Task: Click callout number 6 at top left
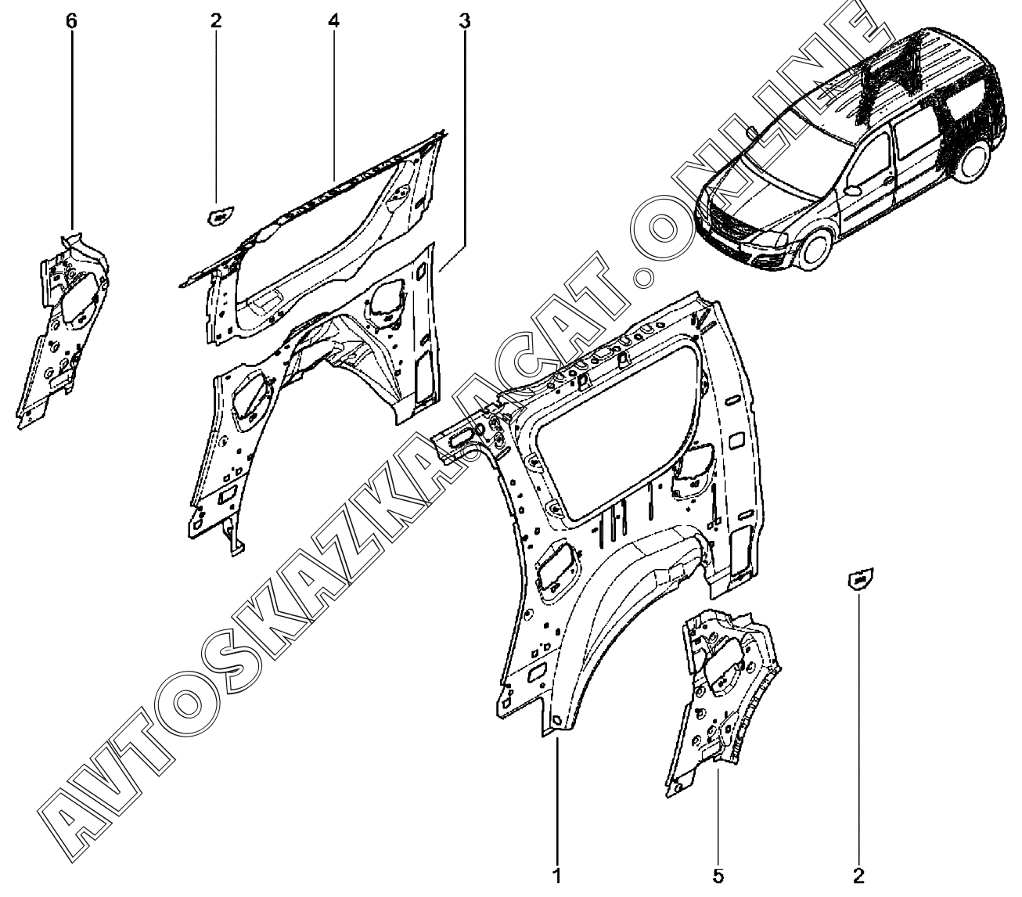tap(72, 20)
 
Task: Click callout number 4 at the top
tap(334, 20)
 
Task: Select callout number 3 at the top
tap(464, 20)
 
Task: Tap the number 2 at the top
tap(216, 20)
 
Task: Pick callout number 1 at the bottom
tap(557, 875)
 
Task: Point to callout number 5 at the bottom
tap(718, 875)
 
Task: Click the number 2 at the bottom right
tap(859, 875)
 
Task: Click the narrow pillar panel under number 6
tap(63, 329)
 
